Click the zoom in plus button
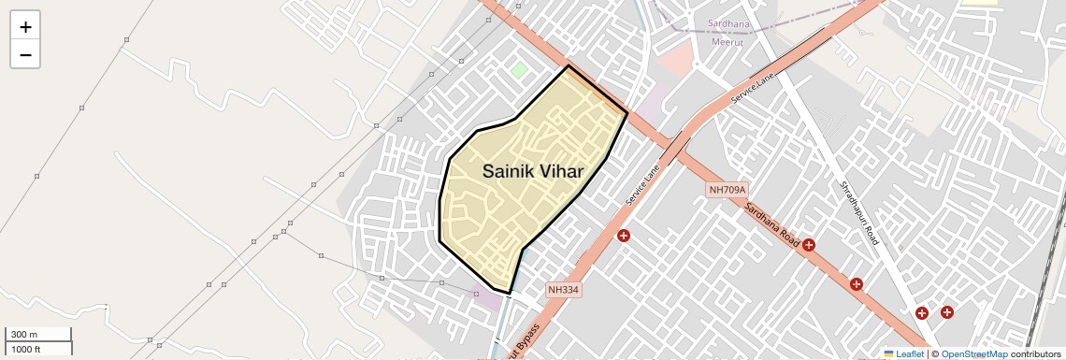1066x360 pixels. pos(25,27)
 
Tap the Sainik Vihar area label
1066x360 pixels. pos(533,172)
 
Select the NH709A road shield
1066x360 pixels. pos(727,190)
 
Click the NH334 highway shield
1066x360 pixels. pos(564,290)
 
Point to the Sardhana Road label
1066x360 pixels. pos(772,225)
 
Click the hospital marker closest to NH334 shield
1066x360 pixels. pos(624,236)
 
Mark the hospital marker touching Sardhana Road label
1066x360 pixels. pos(809,245)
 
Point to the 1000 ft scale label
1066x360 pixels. pos(25,349)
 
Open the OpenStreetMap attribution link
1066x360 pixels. pos(973,354)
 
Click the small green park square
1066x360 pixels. pos(518,70)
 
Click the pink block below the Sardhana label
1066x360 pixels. pos(674,62)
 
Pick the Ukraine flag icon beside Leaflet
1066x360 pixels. pos(889,354)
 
